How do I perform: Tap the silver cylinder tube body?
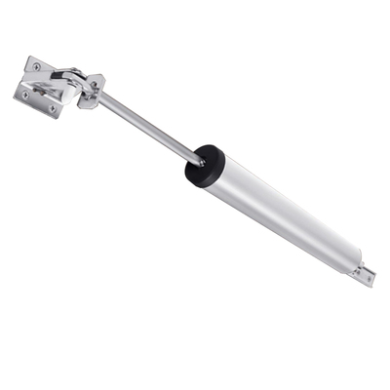pyautogui.click(x=283, y=214)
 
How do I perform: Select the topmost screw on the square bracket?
pyautogui.click(x=37, y=66)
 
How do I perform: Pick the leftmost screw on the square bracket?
pyautogui.click(x=24, y=95)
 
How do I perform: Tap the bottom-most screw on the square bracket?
pyautogui.click(x=52, y=109)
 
